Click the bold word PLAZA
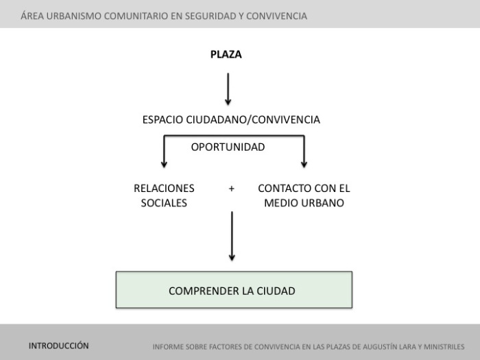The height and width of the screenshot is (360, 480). click(226, 55)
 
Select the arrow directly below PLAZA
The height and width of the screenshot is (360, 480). click(228, 89)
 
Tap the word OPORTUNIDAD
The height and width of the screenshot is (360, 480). click(228, 147)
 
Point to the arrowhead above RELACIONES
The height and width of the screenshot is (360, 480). click(164, 163)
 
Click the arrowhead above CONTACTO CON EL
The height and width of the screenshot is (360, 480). click(304, 163)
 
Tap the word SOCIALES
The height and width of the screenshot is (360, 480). click(164, 203)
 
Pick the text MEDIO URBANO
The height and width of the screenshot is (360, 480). click(304, 203)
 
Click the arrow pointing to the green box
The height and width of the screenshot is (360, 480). click(232, 237)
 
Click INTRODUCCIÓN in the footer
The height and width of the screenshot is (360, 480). click(59, 346)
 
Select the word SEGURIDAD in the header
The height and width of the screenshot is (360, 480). click(206, 15)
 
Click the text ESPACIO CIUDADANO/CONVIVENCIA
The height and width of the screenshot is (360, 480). click(231, 120)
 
